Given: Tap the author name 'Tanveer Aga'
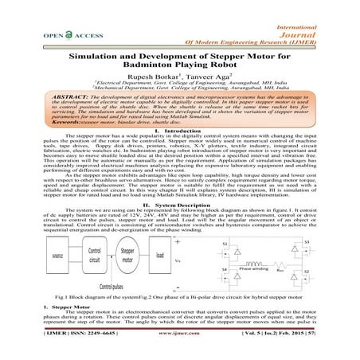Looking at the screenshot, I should (x=208, y=86).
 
